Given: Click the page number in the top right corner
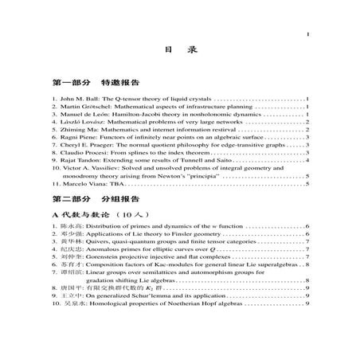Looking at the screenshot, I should (x=307, y=37).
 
